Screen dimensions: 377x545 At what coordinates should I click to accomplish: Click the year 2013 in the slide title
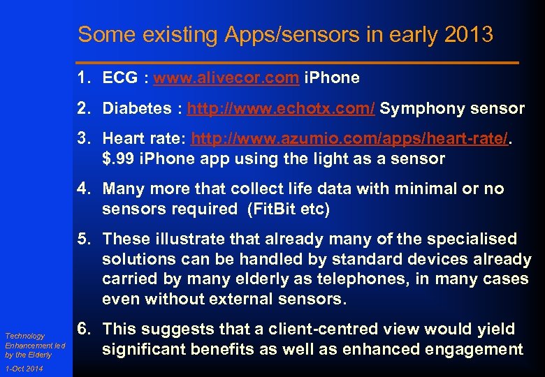tap(466, 34)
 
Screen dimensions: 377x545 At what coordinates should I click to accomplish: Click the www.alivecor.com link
tap(226, 78)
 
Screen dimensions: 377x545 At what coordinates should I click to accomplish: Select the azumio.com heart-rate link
tap(350, 138)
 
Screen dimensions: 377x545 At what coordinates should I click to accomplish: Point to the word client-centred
tap(321, 329)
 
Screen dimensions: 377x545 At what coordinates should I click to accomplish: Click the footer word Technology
tap(25, 336)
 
